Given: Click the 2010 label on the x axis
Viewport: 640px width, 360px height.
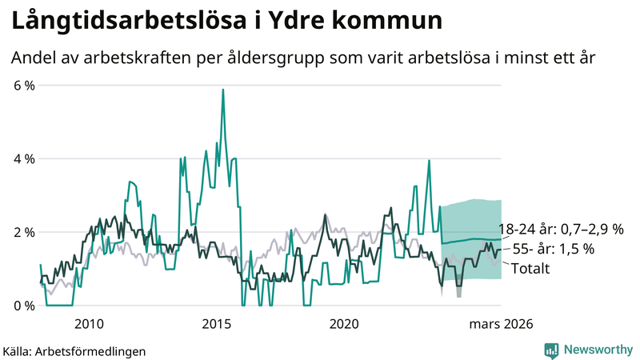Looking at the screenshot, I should click(x=89, y=324).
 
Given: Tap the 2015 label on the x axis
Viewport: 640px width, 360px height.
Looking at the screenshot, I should click(x=216, y=324).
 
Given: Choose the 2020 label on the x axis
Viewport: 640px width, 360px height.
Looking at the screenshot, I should click(x=344, y=324).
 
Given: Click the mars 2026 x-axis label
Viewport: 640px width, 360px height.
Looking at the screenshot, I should click(x=501, y=324).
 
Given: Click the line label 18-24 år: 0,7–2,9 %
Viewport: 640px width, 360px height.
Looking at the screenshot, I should click(x=560, y=229).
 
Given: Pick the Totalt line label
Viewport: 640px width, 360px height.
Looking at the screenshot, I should click(x=530, y=269).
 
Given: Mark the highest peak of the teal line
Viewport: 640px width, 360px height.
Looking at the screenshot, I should click(x=222, y=90).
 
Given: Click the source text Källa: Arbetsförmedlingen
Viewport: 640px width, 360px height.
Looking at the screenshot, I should click(x=74, y=350).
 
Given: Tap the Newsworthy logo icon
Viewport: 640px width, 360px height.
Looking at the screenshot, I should click(x=551, y=350).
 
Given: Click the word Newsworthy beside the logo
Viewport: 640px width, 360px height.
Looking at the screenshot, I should click(x=597, y=350).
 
